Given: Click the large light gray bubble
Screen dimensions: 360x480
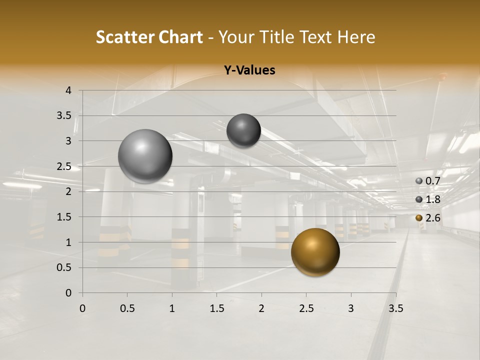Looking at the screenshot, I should coord(145,156).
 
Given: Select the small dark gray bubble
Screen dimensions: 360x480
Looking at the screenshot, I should coord(243,130).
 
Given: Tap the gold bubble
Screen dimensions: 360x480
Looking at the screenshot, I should coord(315,252).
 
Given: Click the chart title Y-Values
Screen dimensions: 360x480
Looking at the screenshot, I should coord(249,70).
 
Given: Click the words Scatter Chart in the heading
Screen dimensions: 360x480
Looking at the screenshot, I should coord(149,37).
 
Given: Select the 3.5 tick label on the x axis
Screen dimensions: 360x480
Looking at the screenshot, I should coord(395,308).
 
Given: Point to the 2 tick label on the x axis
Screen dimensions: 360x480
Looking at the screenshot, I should coord(261,308).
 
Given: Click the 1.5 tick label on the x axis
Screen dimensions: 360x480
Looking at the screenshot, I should coord(216,308).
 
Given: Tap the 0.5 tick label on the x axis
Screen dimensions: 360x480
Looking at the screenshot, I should coord(127,308).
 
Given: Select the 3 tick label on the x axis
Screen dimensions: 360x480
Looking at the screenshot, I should coord(350,308).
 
